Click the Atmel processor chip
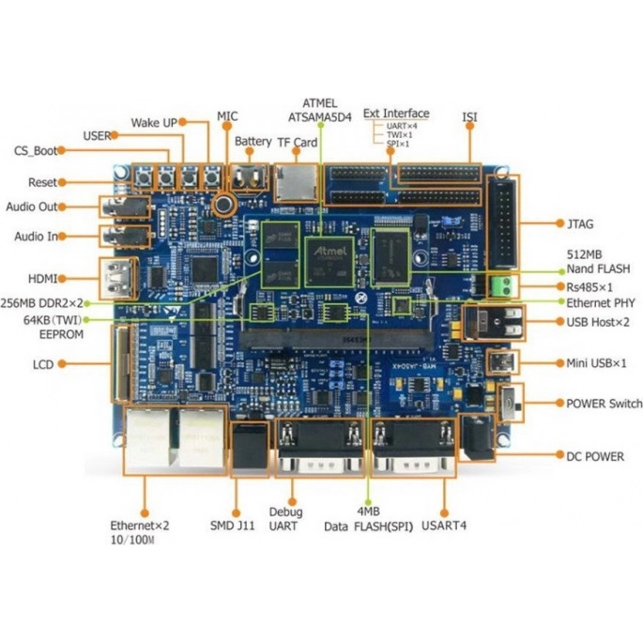[x=329, y=262]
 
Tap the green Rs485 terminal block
[x=503, y=286]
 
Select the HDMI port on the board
[x=118, y=279]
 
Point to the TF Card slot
[x=296, y=183]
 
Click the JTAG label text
[x=580, y=224]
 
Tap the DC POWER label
[x=595, y=456]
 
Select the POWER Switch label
[x=604, y=404]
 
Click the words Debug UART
[x=285, y=519]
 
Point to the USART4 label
[x=444, y=526]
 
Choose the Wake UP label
[x=154, y=123]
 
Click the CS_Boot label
[x=36, y=151]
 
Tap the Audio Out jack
[x=125, y=207]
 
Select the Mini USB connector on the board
[x=502, y=362]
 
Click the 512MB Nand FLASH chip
[x=390, y=257]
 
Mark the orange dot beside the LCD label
[x=62, y=363]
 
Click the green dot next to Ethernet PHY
[x=562, y=302]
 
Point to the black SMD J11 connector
[x=250, y=450]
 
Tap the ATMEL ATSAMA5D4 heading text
[x=320, y=111]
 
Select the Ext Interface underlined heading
[x=396, y=114]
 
